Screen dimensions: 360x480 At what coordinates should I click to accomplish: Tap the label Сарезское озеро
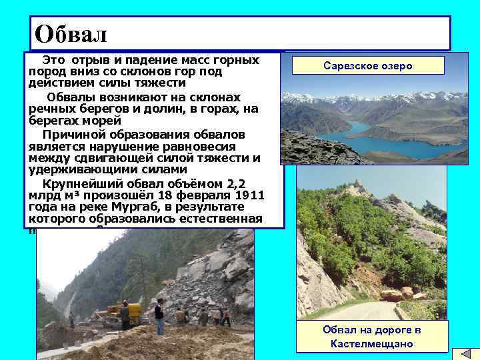pyautogui.click(x=367, y=65)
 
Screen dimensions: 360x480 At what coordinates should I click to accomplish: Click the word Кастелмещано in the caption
pyautogui.click(x=371, y=344)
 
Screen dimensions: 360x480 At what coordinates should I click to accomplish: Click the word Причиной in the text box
pyautogui.click(x=67, y=133)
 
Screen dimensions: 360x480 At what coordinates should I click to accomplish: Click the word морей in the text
pyautogui.click(x=103, y=121)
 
